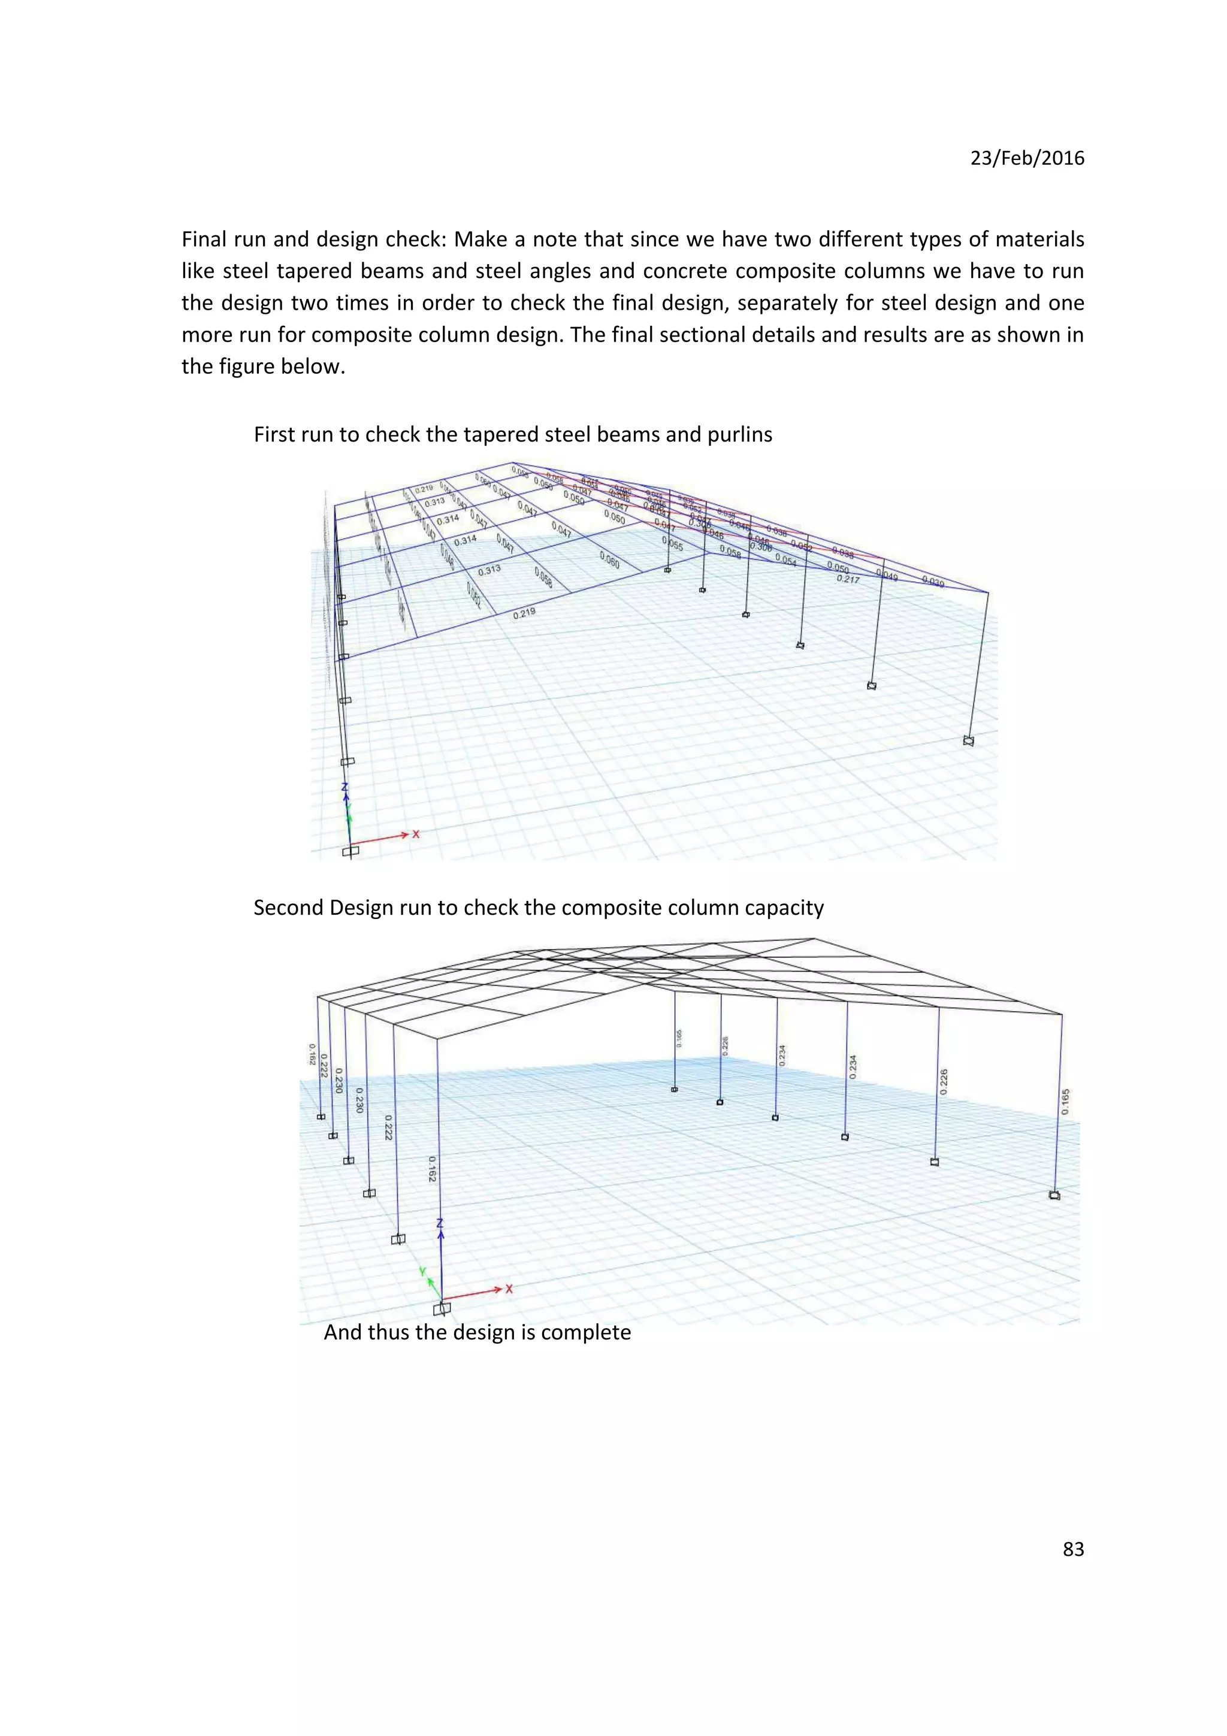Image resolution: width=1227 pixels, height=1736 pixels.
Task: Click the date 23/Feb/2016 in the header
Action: coord(1027,158)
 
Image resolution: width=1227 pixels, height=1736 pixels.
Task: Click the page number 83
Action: coord(1073,1549)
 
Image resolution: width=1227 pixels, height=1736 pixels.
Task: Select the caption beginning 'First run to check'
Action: coord(513,435)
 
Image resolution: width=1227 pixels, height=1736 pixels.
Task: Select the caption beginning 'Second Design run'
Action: coord(538,908)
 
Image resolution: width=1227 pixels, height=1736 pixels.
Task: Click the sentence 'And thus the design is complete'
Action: coord(477,1332)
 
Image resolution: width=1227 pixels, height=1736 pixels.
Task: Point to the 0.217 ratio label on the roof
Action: coord(848,579)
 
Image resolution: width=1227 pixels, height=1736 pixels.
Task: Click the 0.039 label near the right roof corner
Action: coord(933,582)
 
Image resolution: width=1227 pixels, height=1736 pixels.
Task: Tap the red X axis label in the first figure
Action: coord(416,834)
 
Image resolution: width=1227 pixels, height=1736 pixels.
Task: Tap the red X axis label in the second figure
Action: coord(509,1289)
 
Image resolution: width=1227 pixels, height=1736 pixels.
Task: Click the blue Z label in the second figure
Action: coord(440,1223)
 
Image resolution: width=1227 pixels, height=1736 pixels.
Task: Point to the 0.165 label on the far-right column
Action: coord(1065,1101)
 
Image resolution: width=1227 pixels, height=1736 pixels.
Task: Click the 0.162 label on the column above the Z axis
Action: coord(432,1169)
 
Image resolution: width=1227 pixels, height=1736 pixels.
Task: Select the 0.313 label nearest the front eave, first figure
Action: coord(489,570)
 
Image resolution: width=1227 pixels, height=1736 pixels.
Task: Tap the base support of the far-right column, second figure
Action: coord(1054,1196)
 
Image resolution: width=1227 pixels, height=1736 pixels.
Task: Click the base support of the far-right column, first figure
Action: coord(968,741)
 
